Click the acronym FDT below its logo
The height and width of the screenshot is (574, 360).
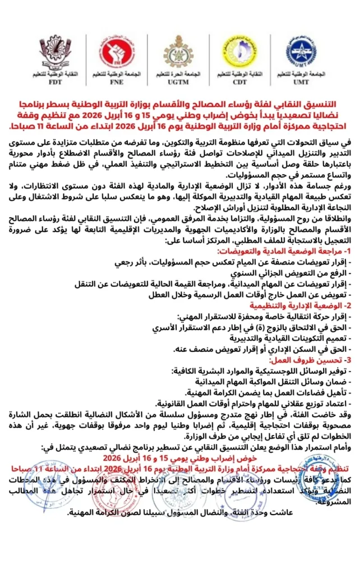point(55,81)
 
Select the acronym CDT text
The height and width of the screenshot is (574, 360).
point(241,81)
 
